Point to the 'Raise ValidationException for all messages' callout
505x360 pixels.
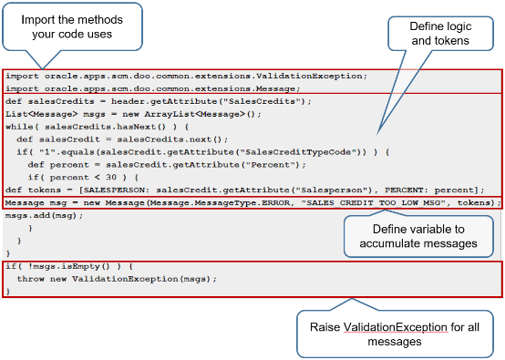pyautogui.click(x=397, y=333)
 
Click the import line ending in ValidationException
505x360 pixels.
pyautogui.click(x=186, y=76)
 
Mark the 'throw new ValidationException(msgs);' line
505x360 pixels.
pyautogui.click(x=119, y=278)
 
